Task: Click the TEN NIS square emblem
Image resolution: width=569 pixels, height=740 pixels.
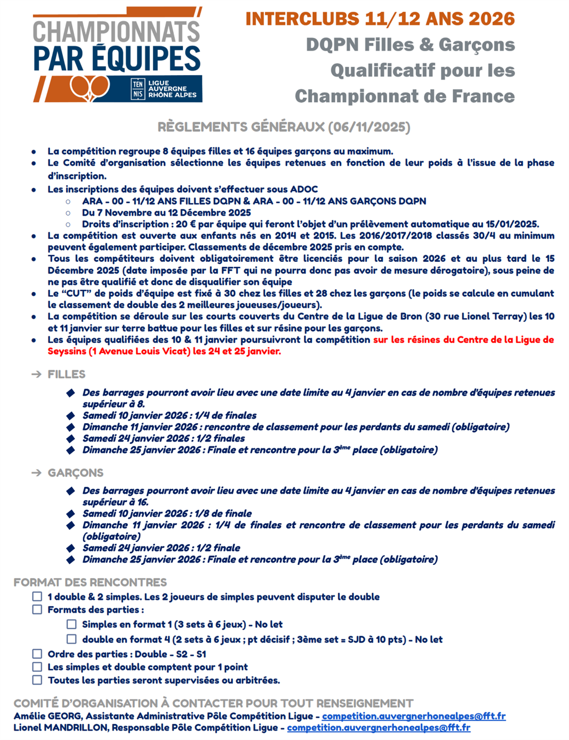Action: coord(137,89)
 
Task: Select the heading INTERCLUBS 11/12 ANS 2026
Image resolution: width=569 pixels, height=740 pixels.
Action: coord(380,19)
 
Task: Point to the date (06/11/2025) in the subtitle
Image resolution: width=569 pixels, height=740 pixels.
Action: coord(369,127)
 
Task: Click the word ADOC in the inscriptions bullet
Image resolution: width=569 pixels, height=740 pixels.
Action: coord(305,189)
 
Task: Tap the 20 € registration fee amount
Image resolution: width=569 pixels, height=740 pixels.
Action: coord(182,224)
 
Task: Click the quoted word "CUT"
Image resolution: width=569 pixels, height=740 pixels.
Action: coord(76,293)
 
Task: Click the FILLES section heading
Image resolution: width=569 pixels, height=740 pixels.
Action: coord(67,374)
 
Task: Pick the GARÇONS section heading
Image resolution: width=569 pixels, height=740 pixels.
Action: coord(76,473)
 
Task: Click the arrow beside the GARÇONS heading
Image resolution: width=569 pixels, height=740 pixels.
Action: coord(37,473)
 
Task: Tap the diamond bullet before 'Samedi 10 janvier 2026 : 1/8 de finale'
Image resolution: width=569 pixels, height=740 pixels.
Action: coord(71,514)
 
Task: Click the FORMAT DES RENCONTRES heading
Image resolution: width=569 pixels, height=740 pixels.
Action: coord(90,582)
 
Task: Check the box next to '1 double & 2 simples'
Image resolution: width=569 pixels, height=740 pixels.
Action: coord(37,597)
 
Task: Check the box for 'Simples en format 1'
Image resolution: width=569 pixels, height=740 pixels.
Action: coord(72,624)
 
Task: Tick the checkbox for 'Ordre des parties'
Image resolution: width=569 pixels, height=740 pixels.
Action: coord(37,654)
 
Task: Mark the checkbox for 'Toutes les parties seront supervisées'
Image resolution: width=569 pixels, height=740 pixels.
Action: coord(37,680)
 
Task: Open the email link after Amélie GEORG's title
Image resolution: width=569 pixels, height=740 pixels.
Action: coord(413,716)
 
